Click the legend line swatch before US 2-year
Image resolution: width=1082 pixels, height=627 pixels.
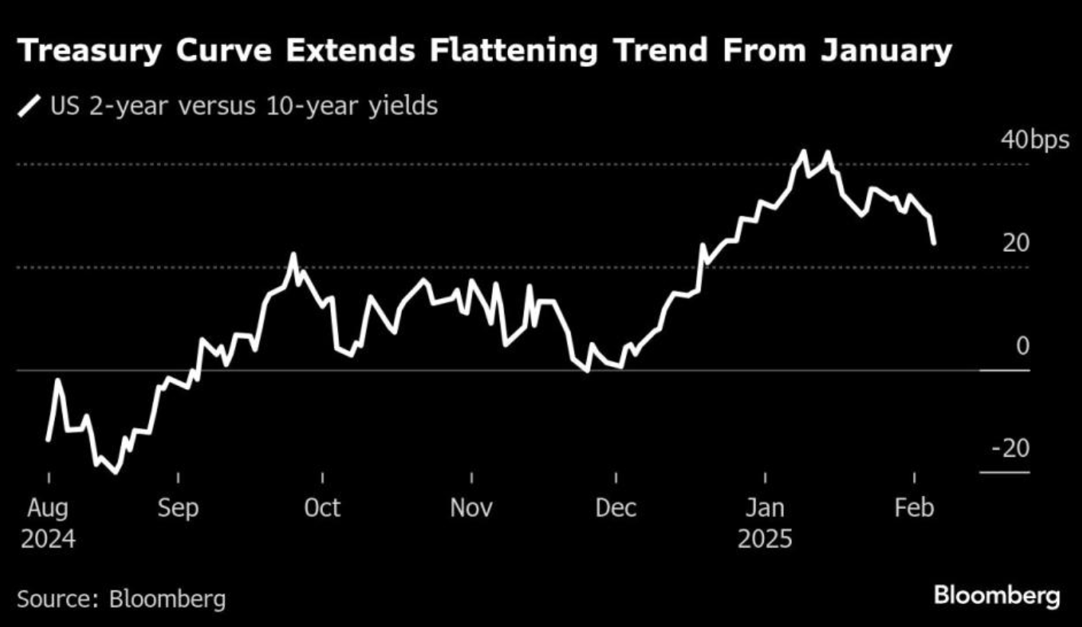point(30,106)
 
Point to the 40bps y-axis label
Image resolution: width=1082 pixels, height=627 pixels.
point(1034,140)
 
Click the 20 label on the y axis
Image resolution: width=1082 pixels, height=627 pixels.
point(1016,243)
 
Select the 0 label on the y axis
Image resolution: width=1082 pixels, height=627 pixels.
point(1022,346)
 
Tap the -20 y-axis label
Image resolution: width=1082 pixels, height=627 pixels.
point(1010,449)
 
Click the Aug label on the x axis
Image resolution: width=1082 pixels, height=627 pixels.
point(48,507)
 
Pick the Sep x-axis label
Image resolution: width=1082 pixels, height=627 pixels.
point(178,507)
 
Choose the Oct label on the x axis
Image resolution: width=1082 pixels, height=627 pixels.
point(322,507)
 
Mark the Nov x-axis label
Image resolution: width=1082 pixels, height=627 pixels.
point(471,507)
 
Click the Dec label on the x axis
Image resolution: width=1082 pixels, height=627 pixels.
point(616,507)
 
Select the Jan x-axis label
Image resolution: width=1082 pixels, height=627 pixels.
point(765,507)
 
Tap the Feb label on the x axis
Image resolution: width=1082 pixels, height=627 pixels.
point(914,507)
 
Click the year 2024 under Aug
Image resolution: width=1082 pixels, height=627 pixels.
point(48,539)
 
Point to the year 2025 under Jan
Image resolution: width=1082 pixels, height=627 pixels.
point(765,539)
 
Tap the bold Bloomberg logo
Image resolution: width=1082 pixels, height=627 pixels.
point(997,596)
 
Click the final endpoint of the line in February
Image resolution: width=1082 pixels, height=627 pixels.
point(934,243)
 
